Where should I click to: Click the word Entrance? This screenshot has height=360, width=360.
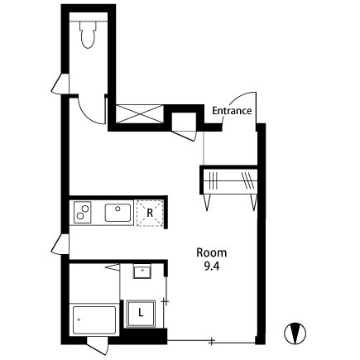pos(232,111)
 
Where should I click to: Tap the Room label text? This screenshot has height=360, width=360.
pos(212,252)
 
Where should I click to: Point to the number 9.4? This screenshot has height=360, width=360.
pos(212,266)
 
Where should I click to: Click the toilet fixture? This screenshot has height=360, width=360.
pos(89,34)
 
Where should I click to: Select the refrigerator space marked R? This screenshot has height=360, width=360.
pos(150,213)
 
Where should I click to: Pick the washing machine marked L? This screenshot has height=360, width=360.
pos(141,314)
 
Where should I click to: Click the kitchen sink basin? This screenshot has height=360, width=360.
pos(118,213)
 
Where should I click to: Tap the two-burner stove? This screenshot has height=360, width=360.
pos(82,212)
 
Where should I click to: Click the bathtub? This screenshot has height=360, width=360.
pos(94,319)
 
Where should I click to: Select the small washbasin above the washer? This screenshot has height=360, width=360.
pos(142,271)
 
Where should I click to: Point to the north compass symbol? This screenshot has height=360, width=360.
pos(295,334)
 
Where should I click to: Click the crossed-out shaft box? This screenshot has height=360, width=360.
pos(139,114)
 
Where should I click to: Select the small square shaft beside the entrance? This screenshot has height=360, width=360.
pos(184,122)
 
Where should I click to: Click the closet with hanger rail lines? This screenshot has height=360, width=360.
pos(230,181)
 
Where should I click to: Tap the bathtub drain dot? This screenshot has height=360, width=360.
pos(79,319)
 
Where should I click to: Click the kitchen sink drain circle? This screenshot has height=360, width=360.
pos(118,209)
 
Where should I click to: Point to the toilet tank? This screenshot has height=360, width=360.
pos(89,26)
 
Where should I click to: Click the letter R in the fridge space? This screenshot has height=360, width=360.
pos(150,213)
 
